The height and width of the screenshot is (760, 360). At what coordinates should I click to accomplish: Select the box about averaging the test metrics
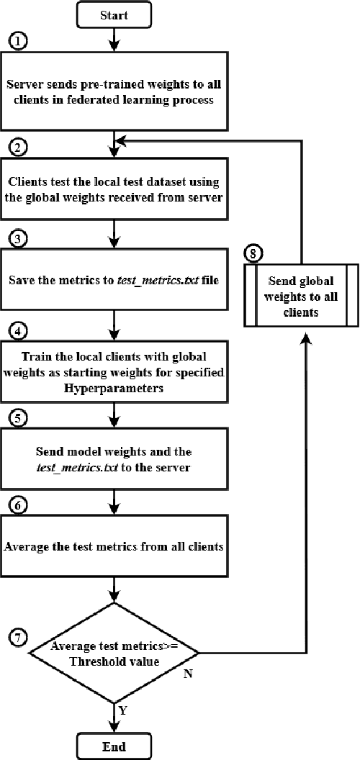coord(114,545)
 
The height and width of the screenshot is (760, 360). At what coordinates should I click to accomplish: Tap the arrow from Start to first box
coord(114,40)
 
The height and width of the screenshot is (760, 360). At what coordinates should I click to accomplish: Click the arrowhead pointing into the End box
coord(114,728)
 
